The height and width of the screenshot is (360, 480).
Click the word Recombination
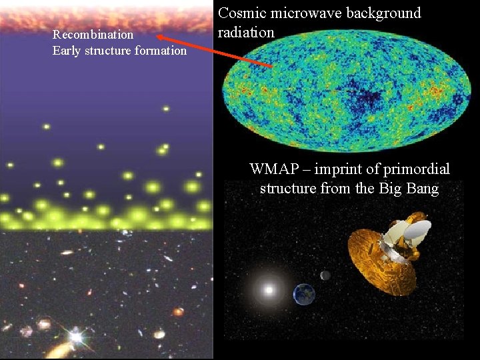point(93,35)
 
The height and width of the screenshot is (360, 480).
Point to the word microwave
point(308,13)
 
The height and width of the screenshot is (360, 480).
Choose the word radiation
point(246,32)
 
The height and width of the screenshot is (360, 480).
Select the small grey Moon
point(325,275)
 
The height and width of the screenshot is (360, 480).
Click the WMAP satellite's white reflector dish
point(417,231)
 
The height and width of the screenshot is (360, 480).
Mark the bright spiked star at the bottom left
point(75,337)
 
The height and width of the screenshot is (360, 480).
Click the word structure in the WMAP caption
point(288,189)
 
